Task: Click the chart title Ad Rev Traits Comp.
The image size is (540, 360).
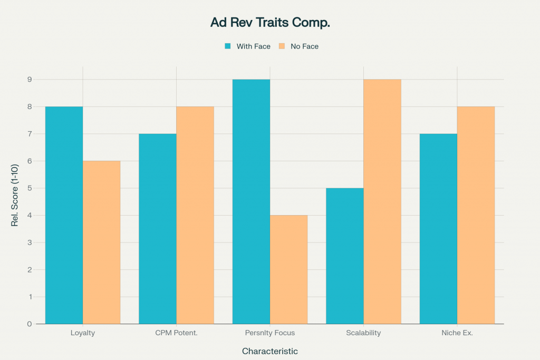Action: [269, 23]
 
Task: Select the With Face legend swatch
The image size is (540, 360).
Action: [228, 46]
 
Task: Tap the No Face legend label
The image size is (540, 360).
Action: [305, 46]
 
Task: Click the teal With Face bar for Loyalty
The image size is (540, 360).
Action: [64, 215]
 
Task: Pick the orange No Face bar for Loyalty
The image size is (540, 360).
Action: [101, 242]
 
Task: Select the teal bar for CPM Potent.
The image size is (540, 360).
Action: [158, 228]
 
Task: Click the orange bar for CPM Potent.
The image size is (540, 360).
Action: [195, 215]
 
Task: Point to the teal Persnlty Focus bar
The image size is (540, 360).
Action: [251, 201]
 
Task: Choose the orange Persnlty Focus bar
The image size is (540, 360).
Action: [288, 269]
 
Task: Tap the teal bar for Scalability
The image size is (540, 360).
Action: [345, 256]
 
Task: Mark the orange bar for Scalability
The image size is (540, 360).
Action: [382, 201]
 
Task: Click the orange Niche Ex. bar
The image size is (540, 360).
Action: [476, 215]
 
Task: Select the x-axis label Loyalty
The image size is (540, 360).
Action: [83, 333]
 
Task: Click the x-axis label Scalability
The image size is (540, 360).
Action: [363, 333]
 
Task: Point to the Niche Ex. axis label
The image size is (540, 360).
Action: [457, 333]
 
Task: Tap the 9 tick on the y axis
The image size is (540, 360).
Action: [30, 80]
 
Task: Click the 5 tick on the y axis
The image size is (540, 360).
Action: [30, 188]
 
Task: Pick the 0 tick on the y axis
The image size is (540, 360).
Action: [30, 324]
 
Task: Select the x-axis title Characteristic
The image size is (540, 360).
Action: [269, 351]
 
